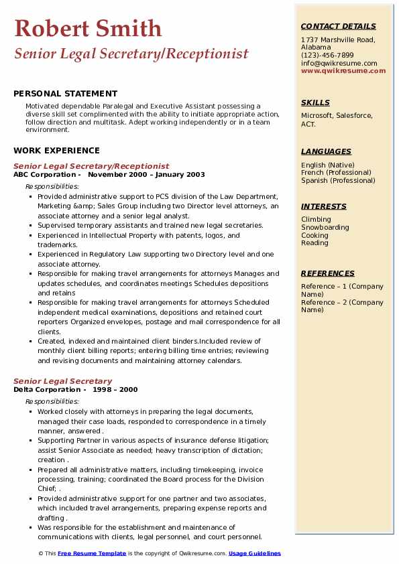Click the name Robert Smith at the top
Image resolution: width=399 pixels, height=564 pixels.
click(x=88, y=29)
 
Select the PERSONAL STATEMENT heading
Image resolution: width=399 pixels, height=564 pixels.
click(x=65, y=94)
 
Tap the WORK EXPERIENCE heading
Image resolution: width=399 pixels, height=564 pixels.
click(x=56, y=151)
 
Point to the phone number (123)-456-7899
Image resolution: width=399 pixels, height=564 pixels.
click(x=327, y=56)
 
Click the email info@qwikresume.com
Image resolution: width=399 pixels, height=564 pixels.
click(x=339, y=64)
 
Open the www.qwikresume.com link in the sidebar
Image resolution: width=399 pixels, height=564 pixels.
click(x=343, y=71)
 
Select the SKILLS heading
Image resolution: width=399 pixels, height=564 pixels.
click(x=315, y=102)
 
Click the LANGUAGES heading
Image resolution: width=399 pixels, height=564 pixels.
click(x=326, y=151)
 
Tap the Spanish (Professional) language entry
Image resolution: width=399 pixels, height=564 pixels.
click(x=338, y=180)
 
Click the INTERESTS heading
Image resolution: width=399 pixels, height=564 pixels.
click(x=323, y=206)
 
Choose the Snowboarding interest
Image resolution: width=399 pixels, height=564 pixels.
click(x=325, y=228)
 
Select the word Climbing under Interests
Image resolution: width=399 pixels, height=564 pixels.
click(x=316, y=220)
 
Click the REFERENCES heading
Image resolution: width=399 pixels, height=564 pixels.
click(x=328, y=273)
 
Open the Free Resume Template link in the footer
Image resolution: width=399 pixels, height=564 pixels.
click(x=91, y=553)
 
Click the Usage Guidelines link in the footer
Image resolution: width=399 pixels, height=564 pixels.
click(x=255, y=553)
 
